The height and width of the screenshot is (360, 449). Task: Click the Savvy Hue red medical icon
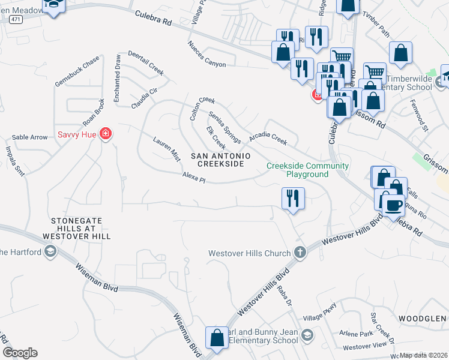(x=106, y=133)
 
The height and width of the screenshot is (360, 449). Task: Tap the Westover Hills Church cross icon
(x=300, y=253)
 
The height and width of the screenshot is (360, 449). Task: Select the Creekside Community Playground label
(x=307, y=170)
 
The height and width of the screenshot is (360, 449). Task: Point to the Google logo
(x=20, y=353)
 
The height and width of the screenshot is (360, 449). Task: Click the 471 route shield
(x=16, y=20)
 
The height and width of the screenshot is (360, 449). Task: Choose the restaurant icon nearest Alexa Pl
(x=293, y=198)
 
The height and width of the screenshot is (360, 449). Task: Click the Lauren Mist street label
(x=166, y=149)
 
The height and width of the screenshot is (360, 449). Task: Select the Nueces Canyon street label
(x=206, y=55)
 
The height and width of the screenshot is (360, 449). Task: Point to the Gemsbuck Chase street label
(x=77, y=71)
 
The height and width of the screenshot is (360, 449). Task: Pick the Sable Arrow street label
(x=29, y=137)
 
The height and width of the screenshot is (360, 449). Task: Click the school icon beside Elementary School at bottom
(x=307, y=335)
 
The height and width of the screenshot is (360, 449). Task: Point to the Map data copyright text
(x=424, y=355)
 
